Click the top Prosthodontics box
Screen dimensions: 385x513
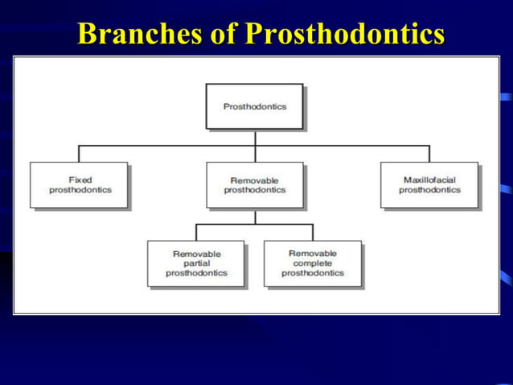(254, 106)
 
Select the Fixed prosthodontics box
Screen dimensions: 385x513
(79, 185)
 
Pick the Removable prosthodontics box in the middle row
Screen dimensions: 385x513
(254, 185)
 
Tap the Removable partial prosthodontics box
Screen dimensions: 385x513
(196, 263)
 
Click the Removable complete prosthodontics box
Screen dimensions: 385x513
(312, 263)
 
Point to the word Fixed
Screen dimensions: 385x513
(80, 180)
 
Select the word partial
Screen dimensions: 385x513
(196, 263)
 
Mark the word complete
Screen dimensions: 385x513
(312, 263)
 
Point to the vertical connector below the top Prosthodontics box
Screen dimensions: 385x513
(255, 138)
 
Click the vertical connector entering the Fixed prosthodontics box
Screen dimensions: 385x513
(79, 154)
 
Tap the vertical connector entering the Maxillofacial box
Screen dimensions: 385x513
(429, 154)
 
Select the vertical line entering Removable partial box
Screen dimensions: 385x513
(196, 232)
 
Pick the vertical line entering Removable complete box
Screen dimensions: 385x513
(312, 232)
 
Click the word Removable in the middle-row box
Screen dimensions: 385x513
(254, 180)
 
